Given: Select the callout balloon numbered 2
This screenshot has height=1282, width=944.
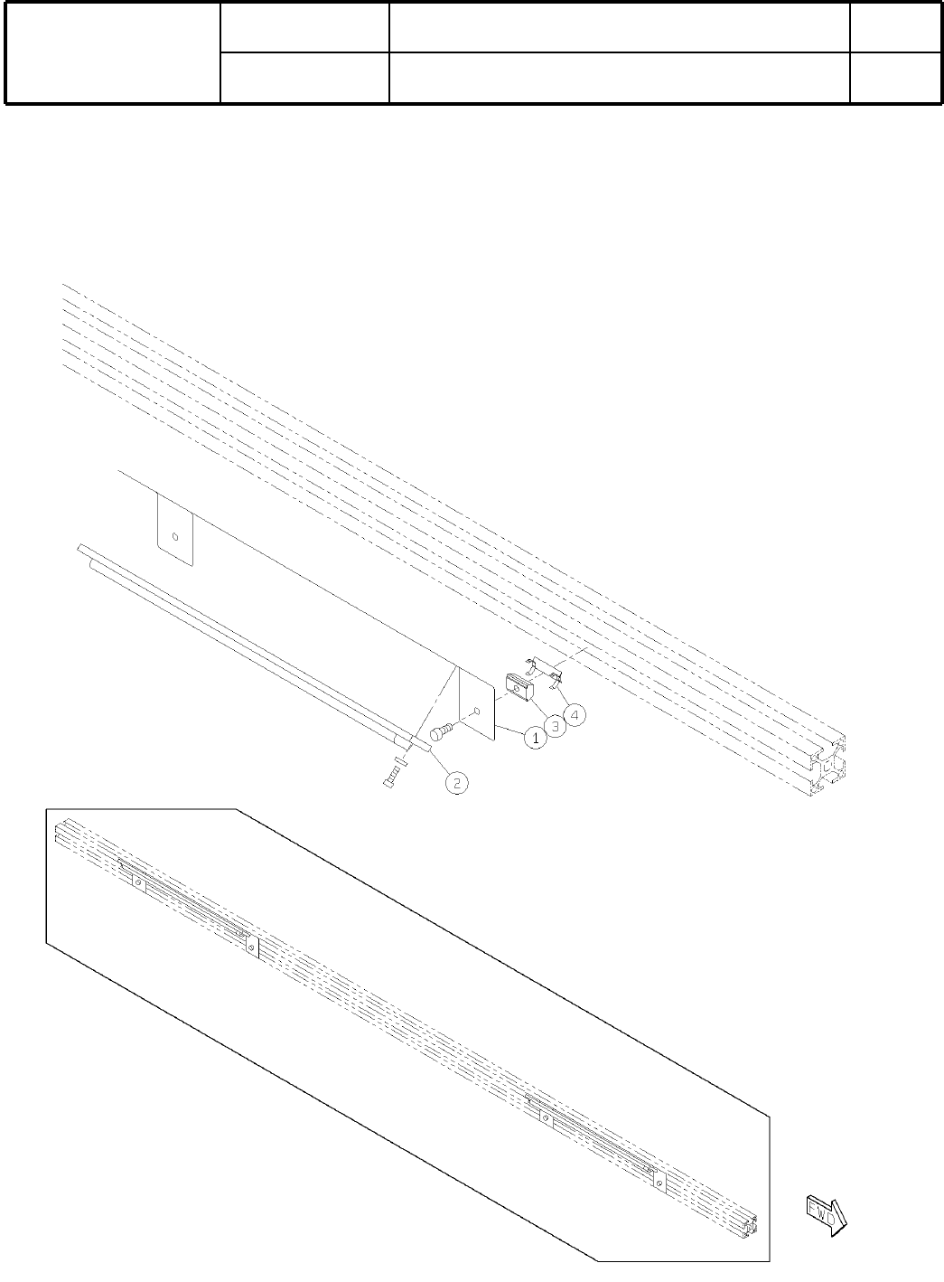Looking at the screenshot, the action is click(458, 783).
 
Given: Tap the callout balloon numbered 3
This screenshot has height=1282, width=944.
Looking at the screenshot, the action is click(555, 726).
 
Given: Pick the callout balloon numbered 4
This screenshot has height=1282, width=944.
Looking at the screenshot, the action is click(575, 714).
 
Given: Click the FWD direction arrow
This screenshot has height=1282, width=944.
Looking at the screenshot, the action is click(827, 1213).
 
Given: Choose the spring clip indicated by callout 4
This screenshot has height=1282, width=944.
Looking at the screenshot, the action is click(545, 670).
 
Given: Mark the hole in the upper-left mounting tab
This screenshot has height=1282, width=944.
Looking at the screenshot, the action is click(176, 535).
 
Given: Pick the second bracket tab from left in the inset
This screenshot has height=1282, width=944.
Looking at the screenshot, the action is click(252, 946).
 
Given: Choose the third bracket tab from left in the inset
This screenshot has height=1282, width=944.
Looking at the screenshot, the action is click(545, 1117).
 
